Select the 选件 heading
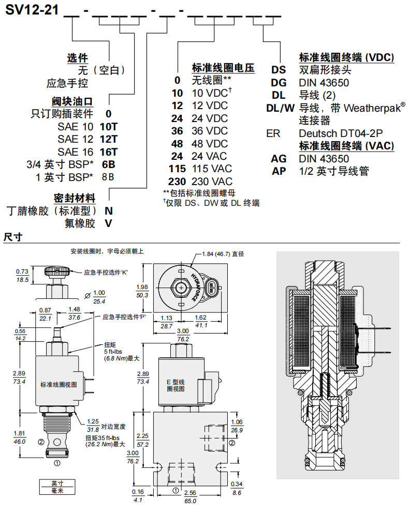(77, 57)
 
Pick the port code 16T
(109, 152)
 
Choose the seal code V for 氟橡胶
(108, 223)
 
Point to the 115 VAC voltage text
(212, 169)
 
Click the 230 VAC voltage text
(212, 182)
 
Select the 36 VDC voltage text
(210, 131)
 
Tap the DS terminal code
(279, 70)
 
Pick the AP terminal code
(279, 171)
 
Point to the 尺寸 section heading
(12, 237)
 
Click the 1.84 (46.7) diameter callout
(223, 254)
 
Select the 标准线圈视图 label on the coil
(58, 384)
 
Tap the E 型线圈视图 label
(175, 385)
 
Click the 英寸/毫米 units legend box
(57, 487)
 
